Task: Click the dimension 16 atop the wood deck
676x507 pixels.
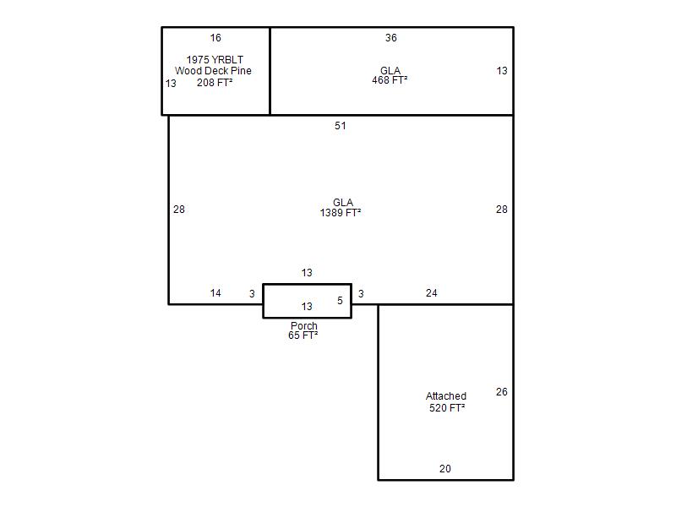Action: click(x=215, y=38)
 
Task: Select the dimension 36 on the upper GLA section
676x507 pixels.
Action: click(x=391, y=38)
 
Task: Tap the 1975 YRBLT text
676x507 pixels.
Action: click(x=215, y=59)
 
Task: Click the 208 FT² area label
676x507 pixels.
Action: click(x=215, y=82)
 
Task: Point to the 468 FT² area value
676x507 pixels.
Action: click(x=390, y=80)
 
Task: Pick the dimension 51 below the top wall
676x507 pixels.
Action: click(x=341, y=126)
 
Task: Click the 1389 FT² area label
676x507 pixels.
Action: click(x=341, y=213)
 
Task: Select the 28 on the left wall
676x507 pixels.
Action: click(x=179, y=210)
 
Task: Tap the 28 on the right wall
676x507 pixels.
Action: click(x=501, y=210)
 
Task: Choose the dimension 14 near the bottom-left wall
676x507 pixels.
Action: click(x=215, y=293)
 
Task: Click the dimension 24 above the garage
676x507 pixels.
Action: click(x=432, y=293)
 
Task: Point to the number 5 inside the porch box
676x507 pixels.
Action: click(x=341, y=301)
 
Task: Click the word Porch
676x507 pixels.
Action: click(x=304, y=326)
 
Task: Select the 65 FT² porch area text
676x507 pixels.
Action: click(x=303, y=335)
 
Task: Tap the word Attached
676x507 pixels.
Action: click(x=446, y=396)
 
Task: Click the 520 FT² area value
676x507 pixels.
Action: click(x=447, y=408)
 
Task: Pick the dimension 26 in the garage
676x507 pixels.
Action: click(x=501, y=392)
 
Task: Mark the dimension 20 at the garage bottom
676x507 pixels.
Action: click(x=445, y=469)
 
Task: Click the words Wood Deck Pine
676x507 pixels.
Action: click(x=213, y=71)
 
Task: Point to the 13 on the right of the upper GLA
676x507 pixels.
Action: click(x=502, y=71)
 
